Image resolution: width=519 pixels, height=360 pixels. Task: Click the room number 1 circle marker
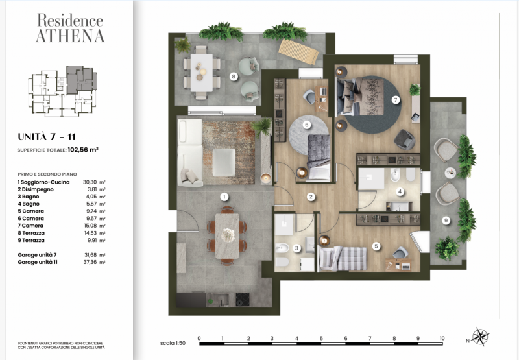pos(223,196)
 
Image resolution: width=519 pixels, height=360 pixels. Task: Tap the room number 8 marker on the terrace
pos(233,77)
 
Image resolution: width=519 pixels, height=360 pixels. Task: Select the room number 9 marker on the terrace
pos(446,221)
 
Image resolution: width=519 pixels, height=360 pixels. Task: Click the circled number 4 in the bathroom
pos(400,191)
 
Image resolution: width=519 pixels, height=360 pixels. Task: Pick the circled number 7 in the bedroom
pos(395,100)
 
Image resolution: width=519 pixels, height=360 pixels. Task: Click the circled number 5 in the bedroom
pos(376,246)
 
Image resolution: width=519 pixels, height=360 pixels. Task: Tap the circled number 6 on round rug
pos(307,125)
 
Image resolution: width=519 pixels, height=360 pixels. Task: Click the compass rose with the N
pos(481,337)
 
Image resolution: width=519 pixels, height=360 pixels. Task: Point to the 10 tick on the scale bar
pos(442,338)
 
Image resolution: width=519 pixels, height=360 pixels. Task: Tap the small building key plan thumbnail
pos(62,90)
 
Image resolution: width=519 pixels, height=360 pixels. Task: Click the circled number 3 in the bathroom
pos(296,248)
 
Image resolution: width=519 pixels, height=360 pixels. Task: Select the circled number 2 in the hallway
pos(311,197)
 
